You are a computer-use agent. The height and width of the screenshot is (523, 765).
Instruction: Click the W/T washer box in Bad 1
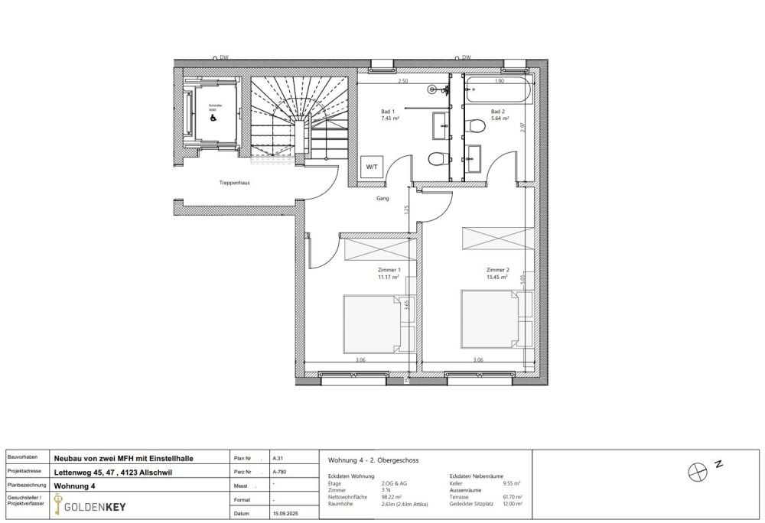[372, 167]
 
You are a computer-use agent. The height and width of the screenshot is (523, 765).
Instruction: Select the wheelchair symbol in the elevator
[212, 119]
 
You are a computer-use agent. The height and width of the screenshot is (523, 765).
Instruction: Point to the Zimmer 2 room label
[497, 270]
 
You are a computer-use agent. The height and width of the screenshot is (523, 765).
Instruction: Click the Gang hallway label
[382, 198]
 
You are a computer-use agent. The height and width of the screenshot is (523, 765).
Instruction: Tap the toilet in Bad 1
[438, 159]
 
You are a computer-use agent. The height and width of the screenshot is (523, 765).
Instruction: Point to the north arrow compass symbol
[696, 473]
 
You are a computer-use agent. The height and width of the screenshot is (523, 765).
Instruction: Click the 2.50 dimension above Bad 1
[402, 80]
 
